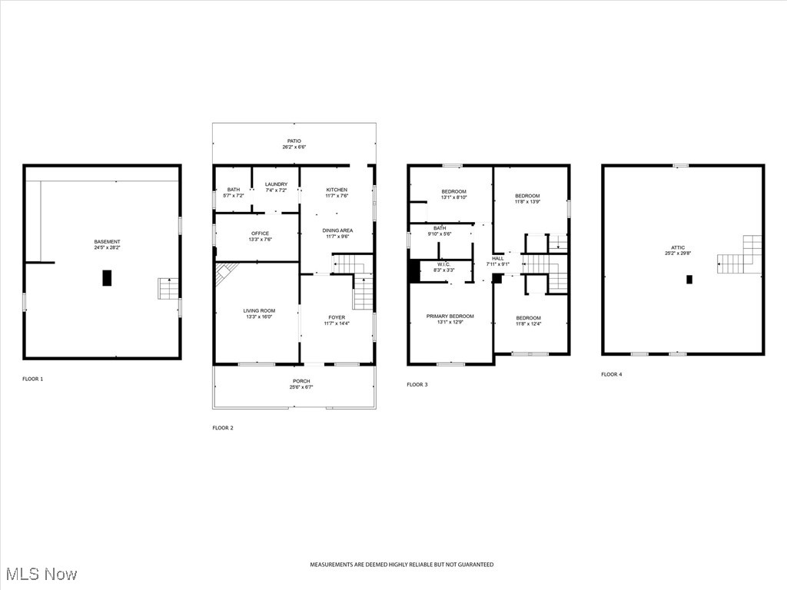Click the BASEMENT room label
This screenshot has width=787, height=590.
107,242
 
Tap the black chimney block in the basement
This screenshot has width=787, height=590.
107,278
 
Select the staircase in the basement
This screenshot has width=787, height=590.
168,289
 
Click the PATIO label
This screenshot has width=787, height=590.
294,141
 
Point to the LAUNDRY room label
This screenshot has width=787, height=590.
276,184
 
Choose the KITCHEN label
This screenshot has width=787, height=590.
337,190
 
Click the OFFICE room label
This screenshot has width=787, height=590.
260,234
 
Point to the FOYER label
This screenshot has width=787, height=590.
337,317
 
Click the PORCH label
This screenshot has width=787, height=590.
301,381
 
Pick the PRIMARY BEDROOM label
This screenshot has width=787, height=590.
450,317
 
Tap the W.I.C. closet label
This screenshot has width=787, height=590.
444,264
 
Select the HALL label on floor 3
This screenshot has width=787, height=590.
498,258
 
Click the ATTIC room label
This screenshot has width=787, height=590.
677,247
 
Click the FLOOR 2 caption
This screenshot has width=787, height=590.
223,428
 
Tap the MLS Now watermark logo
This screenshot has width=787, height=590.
41,574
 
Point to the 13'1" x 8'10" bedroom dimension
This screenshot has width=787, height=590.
453,197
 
